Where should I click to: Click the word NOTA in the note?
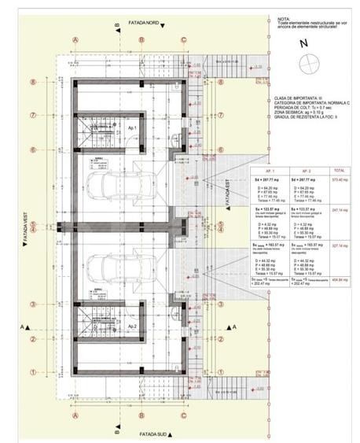pos(284,18)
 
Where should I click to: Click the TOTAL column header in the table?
pos(338,170)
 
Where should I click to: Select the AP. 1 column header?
pos(270,170)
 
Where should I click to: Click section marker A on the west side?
pos(24,325)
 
